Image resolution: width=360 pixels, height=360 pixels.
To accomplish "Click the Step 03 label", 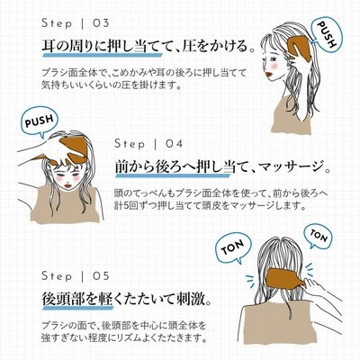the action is (76, 23).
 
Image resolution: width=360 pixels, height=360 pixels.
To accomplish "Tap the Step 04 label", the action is (148, 144).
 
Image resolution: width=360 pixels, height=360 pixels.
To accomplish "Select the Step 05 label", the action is (76, 275).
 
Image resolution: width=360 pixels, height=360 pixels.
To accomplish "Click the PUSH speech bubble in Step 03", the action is (326, 35).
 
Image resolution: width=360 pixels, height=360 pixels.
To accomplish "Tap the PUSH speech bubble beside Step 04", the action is (40, 121).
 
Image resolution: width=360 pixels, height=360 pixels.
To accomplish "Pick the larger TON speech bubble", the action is (232, 247).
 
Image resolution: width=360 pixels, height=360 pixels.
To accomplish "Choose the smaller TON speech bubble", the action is (319, 237).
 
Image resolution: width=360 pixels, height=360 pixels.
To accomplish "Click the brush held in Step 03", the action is (300, 46).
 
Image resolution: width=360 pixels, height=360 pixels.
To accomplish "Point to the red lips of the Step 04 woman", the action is (67, 185).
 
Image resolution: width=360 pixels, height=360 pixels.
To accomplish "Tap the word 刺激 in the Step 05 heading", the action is (191, 299).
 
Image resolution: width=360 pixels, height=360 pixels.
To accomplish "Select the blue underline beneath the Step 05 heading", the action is (78, 307).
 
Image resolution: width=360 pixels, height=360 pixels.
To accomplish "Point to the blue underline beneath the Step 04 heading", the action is (173, 175).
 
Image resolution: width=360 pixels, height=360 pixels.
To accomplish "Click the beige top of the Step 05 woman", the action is (279, 324).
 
